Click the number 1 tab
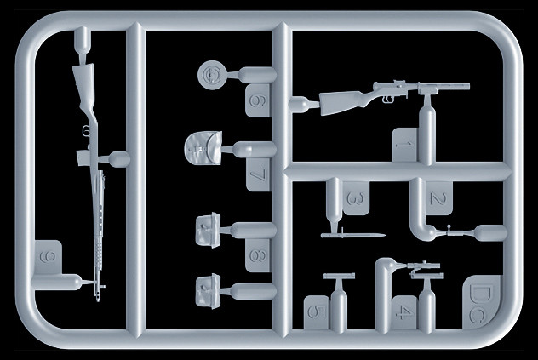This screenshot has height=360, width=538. click(405, 145)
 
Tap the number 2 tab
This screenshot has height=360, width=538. click(439, 198)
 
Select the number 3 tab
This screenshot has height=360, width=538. click(356, 198)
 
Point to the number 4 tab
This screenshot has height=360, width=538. click(405, 312)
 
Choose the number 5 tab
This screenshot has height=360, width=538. click(317, 312)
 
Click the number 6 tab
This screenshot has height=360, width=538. click(259, 100)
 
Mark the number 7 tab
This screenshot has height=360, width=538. click(259, 174)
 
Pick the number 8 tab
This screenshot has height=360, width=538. click(259, 255)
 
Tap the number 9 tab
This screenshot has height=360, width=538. click(48, 257)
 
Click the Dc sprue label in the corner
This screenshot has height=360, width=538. click(480, 302)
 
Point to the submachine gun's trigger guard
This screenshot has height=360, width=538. click(388, 100)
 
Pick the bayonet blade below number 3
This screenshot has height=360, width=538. click(354, 235)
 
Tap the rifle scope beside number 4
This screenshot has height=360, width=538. click(424, 266)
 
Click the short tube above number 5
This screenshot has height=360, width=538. click(339, 276)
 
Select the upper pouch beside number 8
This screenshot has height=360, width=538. click(208, 230)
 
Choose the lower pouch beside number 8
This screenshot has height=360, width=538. click(208, 291)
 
